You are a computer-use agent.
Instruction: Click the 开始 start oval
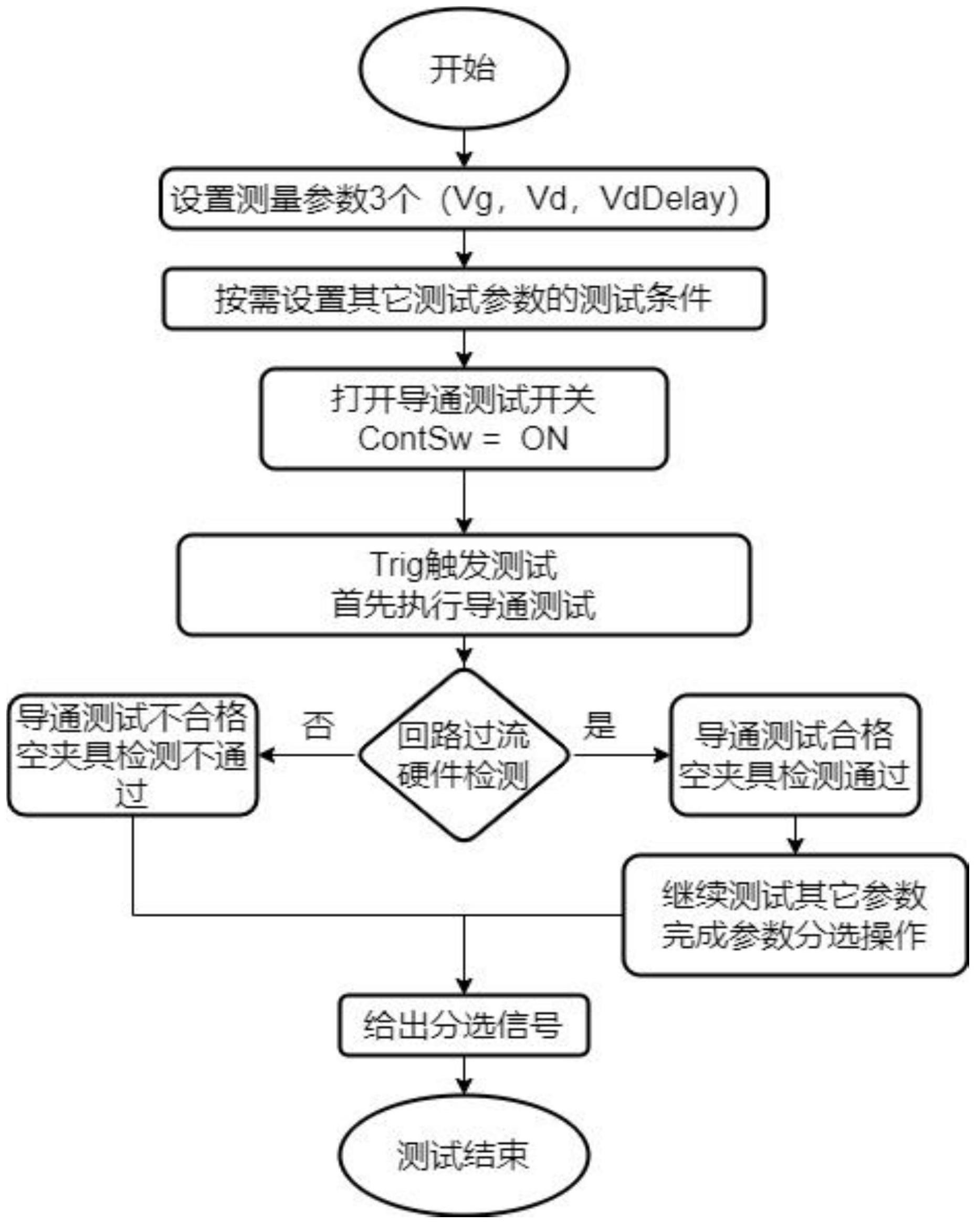pos(463,69)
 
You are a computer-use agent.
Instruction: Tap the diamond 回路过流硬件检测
pos(463,755)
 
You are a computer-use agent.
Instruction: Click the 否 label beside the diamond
pos(318,726)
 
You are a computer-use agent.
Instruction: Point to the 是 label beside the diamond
pos(600,725)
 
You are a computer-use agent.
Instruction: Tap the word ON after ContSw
pos(544,439)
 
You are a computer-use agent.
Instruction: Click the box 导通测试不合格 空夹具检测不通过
pos(132,755)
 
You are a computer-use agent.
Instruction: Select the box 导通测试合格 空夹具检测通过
pos(794,755)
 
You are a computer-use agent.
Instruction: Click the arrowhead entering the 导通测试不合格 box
pos(266,755)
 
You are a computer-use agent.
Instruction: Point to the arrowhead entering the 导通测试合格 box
pos(662,755)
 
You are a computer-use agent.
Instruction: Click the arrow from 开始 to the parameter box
pos(465,149)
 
